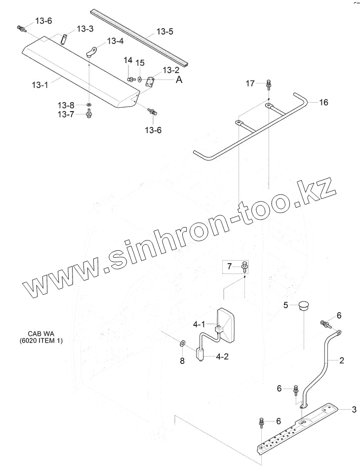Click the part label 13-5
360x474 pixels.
click(x=165, y=32)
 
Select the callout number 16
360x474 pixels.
click(x=323, y=103)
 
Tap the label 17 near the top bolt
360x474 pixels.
click(x=250, y=83)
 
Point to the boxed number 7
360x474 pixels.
click(x=229, y=267)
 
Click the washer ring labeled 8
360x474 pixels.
click(x=181, y=343)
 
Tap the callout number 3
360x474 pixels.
click(x=354, y=409)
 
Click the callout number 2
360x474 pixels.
click(x=341, y=360)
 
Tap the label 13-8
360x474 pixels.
click(x=66, y=105)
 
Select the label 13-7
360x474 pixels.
click(x=66, y=114)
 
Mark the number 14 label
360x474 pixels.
click(x=128, y=60)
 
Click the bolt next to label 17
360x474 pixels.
click(x=268, y=84)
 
